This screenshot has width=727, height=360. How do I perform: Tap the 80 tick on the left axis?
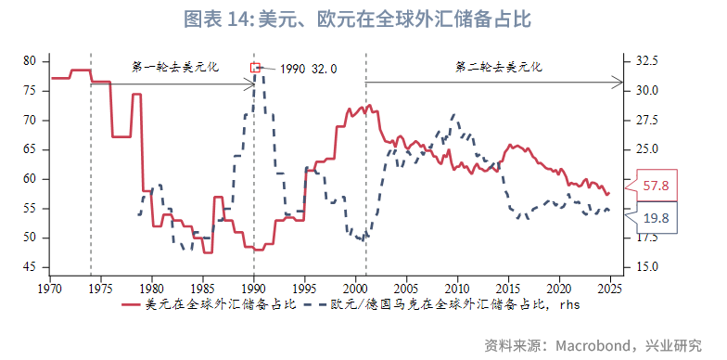click(x=30, y=61)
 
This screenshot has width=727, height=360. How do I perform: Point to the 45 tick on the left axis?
click(x=30, y=267)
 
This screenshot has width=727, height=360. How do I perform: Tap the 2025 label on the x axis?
click(x=609, y=287)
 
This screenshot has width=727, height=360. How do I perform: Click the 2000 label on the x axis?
click(x=355, y=287)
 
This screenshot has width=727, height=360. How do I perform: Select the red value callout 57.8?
click(x=656, y=186)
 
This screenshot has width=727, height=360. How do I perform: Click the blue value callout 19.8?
click(x=656, y=218)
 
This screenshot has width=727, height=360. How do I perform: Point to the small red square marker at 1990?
click(x=256, y=67)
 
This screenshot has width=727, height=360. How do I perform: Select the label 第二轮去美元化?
click(x=498, y=67)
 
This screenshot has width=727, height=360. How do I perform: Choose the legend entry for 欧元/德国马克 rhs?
click(x=445, y=303)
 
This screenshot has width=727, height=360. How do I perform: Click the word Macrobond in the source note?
click(x=593, y=345)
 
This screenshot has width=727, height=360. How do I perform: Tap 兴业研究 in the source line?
click(x=674, y=345)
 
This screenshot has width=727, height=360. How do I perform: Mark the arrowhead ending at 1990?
click(x=250, y=84)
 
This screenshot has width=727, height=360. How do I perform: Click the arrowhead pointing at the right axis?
click(x=619, y=84)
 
